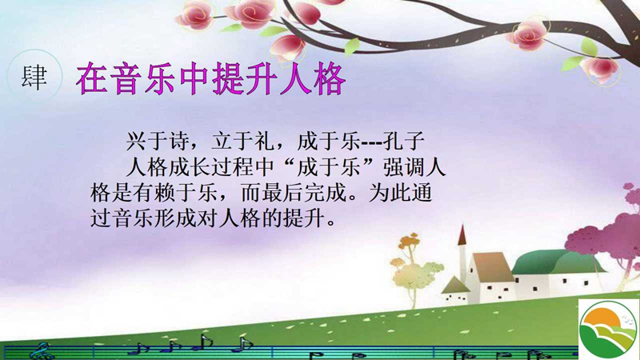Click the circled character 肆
point(34,77)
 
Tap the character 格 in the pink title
point(330,78)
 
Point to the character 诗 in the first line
point(178,142)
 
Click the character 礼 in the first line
point(264,142)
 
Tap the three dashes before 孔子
point(372,143)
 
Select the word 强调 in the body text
point(404,167)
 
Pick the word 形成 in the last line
point(175,218)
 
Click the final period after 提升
point(331,224)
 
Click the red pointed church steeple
point(462,236)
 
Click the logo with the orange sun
point(609,330)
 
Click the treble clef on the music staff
point(42,350)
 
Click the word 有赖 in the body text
point(154,193)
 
